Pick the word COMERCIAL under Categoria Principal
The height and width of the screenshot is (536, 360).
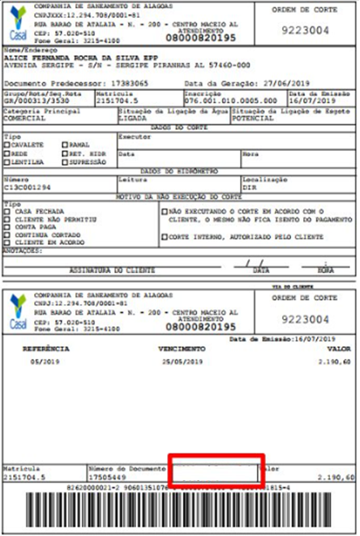click(x=25, y=118)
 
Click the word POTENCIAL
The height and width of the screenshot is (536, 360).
click(x=251, y=118)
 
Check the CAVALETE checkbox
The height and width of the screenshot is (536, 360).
click(x=7, y=144)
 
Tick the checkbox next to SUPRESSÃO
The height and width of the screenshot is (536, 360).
click(x=64, y=161)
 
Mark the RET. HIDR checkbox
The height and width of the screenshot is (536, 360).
click(x=64, y=152)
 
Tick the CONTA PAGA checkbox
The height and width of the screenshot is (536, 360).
click(x=7, y=227)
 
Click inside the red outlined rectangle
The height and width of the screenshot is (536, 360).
click(x=214, y=473)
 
